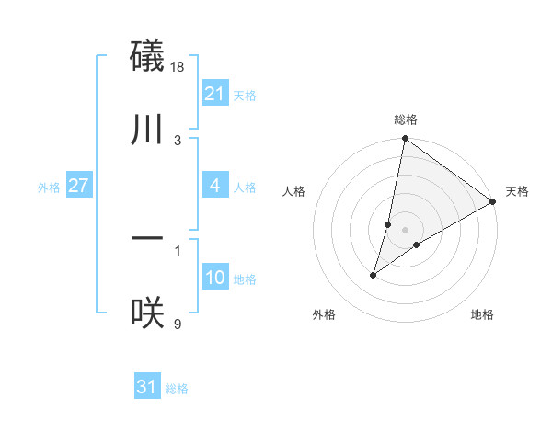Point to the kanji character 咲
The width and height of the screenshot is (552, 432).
[x=148, y=313]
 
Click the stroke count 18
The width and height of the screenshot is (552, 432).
[x=178, y=67]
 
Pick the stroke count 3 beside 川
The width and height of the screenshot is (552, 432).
[x=178, y=140]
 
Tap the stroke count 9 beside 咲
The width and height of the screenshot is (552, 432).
[x=178, y=324]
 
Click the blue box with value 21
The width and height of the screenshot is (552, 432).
[x=214, y=94]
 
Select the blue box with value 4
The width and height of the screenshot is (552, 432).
[x=214, y=186]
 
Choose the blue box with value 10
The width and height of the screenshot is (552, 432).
[x=214, y=278]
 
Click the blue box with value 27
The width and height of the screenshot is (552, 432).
[x=79, y=186]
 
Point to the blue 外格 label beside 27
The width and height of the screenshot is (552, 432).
[x=49, y=188]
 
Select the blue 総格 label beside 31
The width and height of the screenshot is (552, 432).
[x=177, y=389]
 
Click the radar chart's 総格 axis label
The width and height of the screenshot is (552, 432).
[x=405, y=119]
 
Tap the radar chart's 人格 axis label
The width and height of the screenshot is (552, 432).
[x=294, y=191]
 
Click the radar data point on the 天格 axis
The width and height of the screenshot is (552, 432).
[x=493, y=201]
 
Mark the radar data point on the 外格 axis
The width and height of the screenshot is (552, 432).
[x=374, y=275]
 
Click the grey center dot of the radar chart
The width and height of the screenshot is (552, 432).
[x=405, y=230]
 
